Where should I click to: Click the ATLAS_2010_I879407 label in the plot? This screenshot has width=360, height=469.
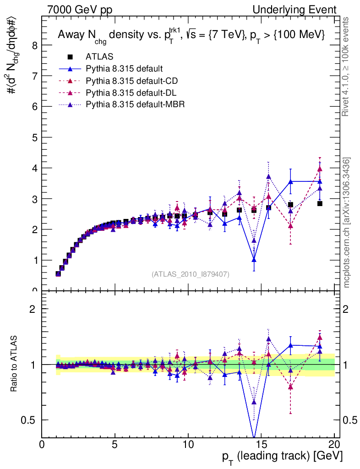tap(191, 274)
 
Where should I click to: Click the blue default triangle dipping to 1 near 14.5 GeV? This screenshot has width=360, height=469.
tap(254, 260)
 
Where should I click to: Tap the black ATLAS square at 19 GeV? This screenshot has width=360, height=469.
tap(320, 203)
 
